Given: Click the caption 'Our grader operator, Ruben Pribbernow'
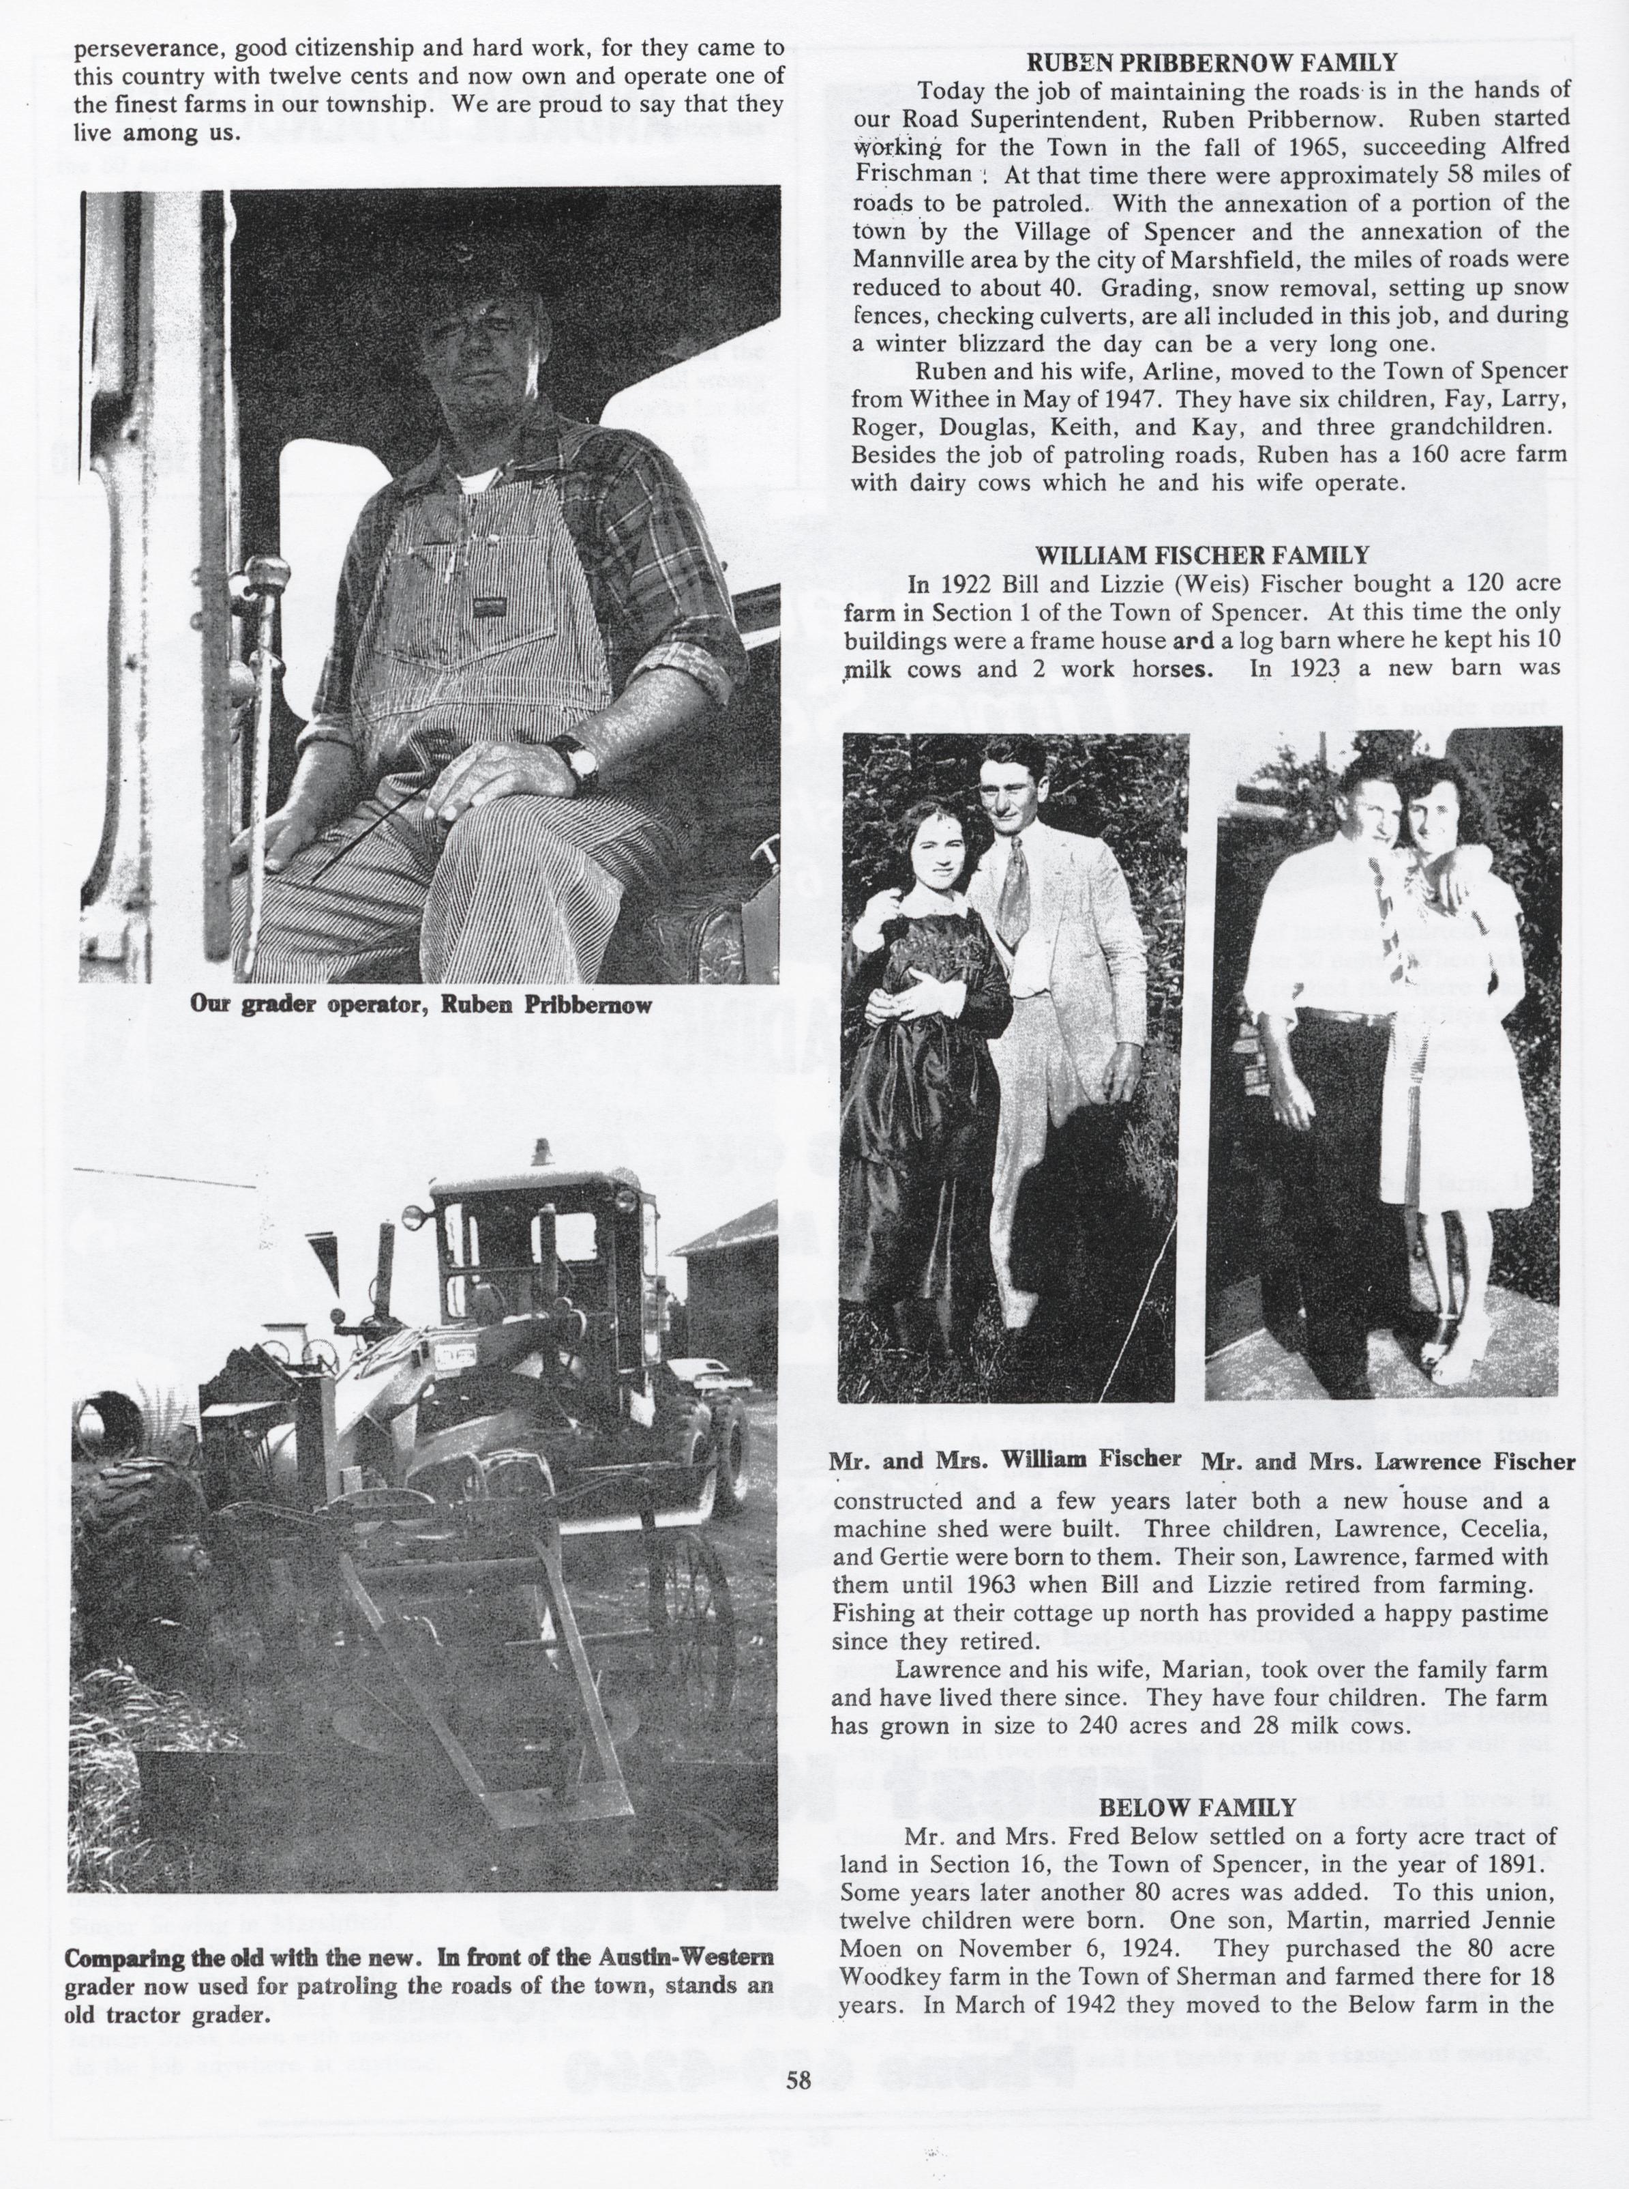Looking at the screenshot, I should point(422,1006).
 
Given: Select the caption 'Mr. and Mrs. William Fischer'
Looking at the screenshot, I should point(1006,1458).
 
